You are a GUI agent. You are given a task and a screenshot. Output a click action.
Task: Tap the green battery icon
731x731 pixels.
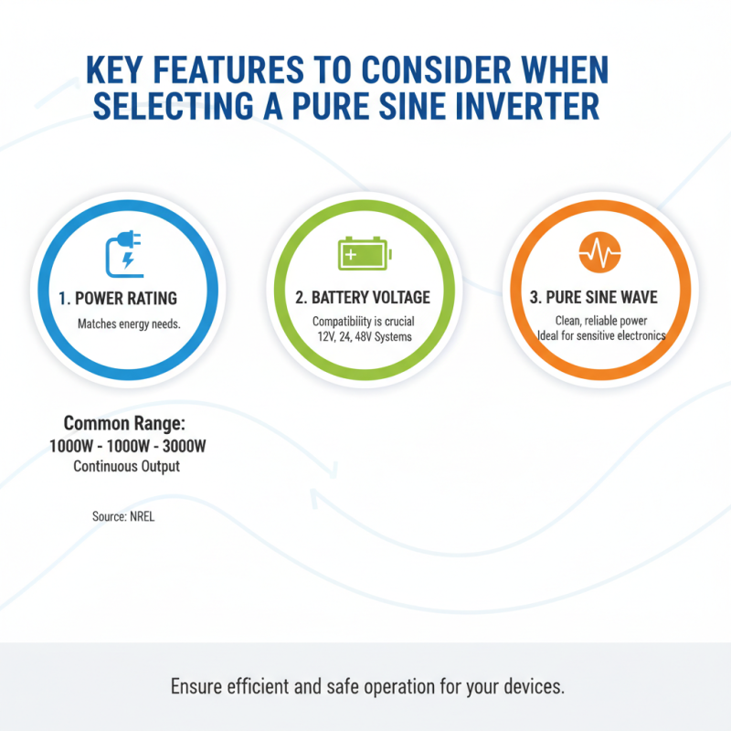click(x=364, y=253)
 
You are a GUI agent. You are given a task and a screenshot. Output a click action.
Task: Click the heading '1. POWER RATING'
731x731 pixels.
click(x=126, y=299)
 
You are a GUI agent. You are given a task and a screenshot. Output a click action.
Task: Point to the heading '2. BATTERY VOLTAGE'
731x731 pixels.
click(x=364, y=298)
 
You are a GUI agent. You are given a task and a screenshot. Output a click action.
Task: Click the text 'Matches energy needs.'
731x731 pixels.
click(x=128, y=323)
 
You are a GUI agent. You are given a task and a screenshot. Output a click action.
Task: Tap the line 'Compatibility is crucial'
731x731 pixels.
click(x=364, y=322)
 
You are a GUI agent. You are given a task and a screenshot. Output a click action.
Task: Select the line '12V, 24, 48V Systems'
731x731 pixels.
click(x=364, y=337)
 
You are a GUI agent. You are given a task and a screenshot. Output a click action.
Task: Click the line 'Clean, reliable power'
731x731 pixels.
click(x=601, y=321)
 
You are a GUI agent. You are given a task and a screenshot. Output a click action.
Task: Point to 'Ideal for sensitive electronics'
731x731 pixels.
click(x=601, y=335)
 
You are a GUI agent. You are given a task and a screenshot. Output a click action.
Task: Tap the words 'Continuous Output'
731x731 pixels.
click(x=127, y=466)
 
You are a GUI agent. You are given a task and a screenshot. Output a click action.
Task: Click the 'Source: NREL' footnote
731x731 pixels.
click(x=126, y=516)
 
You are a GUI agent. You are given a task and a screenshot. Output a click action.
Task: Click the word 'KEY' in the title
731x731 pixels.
click(x=114, y=70)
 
